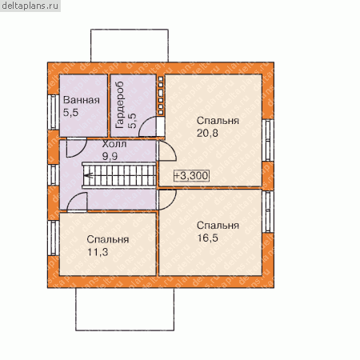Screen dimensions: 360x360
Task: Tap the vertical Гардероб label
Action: (120, 105)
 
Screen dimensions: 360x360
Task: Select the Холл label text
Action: (114, 144)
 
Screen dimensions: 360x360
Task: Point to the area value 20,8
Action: (207, 133)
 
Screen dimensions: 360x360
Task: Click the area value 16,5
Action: (207, 238)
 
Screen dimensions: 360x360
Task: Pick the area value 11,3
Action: (98, 252)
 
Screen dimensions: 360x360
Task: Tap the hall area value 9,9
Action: (110, 156)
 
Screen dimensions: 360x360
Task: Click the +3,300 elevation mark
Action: (191, 176)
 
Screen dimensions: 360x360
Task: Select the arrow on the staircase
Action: (88, 176)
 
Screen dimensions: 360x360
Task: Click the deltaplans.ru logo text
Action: (30, 6)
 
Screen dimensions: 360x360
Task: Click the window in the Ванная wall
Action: (54, 112)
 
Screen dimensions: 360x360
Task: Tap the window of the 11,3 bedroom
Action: (54, 238)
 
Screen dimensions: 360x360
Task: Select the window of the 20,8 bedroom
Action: (268, 140)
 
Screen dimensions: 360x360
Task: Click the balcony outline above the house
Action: (130, 30)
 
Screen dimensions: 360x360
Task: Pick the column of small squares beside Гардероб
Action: (161, 96)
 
